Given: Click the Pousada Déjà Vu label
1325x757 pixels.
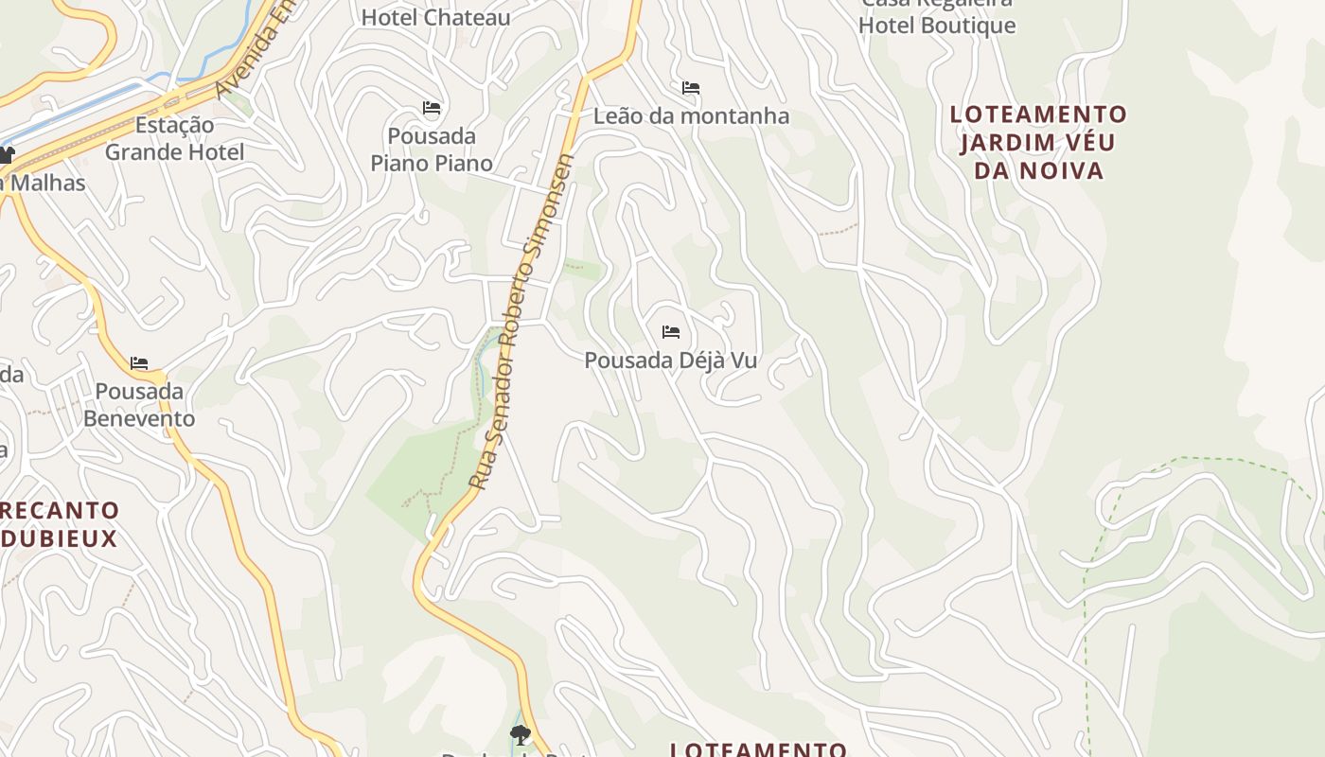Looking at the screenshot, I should pyautogui.click(x=670, y=361).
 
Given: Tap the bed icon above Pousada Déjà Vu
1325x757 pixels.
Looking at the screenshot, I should pyautogui.click(x=671, y=332).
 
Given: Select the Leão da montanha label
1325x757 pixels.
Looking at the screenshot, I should pyautogui.click(x=691, y=116).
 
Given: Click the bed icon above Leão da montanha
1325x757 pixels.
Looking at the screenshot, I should pyautogui.click(x=691, y=88).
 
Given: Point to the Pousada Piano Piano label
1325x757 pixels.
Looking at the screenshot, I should pyautogui.click(x=432, y=150).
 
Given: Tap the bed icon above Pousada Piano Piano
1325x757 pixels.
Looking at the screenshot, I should pyautogui.click(x=432, y=108).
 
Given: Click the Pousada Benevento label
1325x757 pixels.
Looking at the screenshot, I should pyautogui.click(x=139, y=405).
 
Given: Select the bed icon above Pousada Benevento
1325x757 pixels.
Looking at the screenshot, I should pyautogui.click(x=139, y=363).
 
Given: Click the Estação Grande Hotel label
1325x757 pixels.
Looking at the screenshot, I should pyautogui.click(x=174, y=138).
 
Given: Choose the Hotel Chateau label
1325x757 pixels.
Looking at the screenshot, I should pyautogui.click(x=435, y=17).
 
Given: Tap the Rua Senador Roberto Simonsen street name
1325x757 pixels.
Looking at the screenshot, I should pyautogui.click(x=522, y=322).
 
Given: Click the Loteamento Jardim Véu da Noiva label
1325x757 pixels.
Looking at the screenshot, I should pyautogui.click(x=1038, y=143).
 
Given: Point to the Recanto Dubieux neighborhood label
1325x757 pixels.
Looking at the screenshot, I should pyautogui.click(x=60, y=524).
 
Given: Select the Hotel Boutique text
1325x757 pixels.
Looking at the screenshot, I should pyautogui.click(x=937, y=26).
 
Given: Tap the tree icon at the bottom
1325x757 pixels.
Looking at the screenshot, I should pyautogui.click(x=520, y=734).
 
